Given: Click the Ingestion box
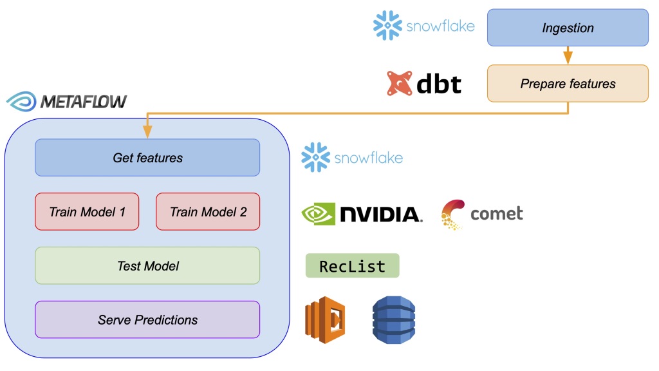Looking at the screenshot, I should (x=568, y=28).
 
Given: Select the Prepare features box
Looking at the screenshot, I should (x=568, y=83).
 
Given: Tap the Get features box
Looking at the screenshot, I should (x=147, y=158).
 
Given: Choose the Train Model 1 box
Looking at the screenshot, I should (x=87, y=211).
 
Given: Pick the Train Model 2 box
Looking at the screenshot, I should (x=208, y=211).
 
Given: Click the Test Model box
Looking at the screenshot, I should (x=147, y=265).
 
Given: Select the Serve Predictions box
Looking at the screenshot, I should (x=147, y=319).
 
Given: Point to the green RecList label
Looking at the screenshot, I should (x=352, y=266).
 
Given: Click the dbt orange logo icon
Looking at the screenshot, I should (x=400, y=84).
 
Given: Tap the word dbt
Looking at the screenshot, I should (x=439, y=83).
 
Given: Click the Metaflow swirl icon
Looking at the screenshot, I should (x=21, y=102).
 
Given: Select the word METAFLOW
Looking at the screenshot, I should (x=84, y=102).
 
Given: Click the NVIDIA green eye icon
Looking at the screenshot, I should (x=318, y=214).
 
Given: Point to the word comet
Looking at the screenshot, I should (x=496, y=213).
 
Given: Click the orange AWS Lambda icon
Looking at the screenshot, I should (x=325, y=320).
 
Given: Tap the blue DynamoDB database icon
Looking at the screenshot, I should (x=394, y=320).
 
